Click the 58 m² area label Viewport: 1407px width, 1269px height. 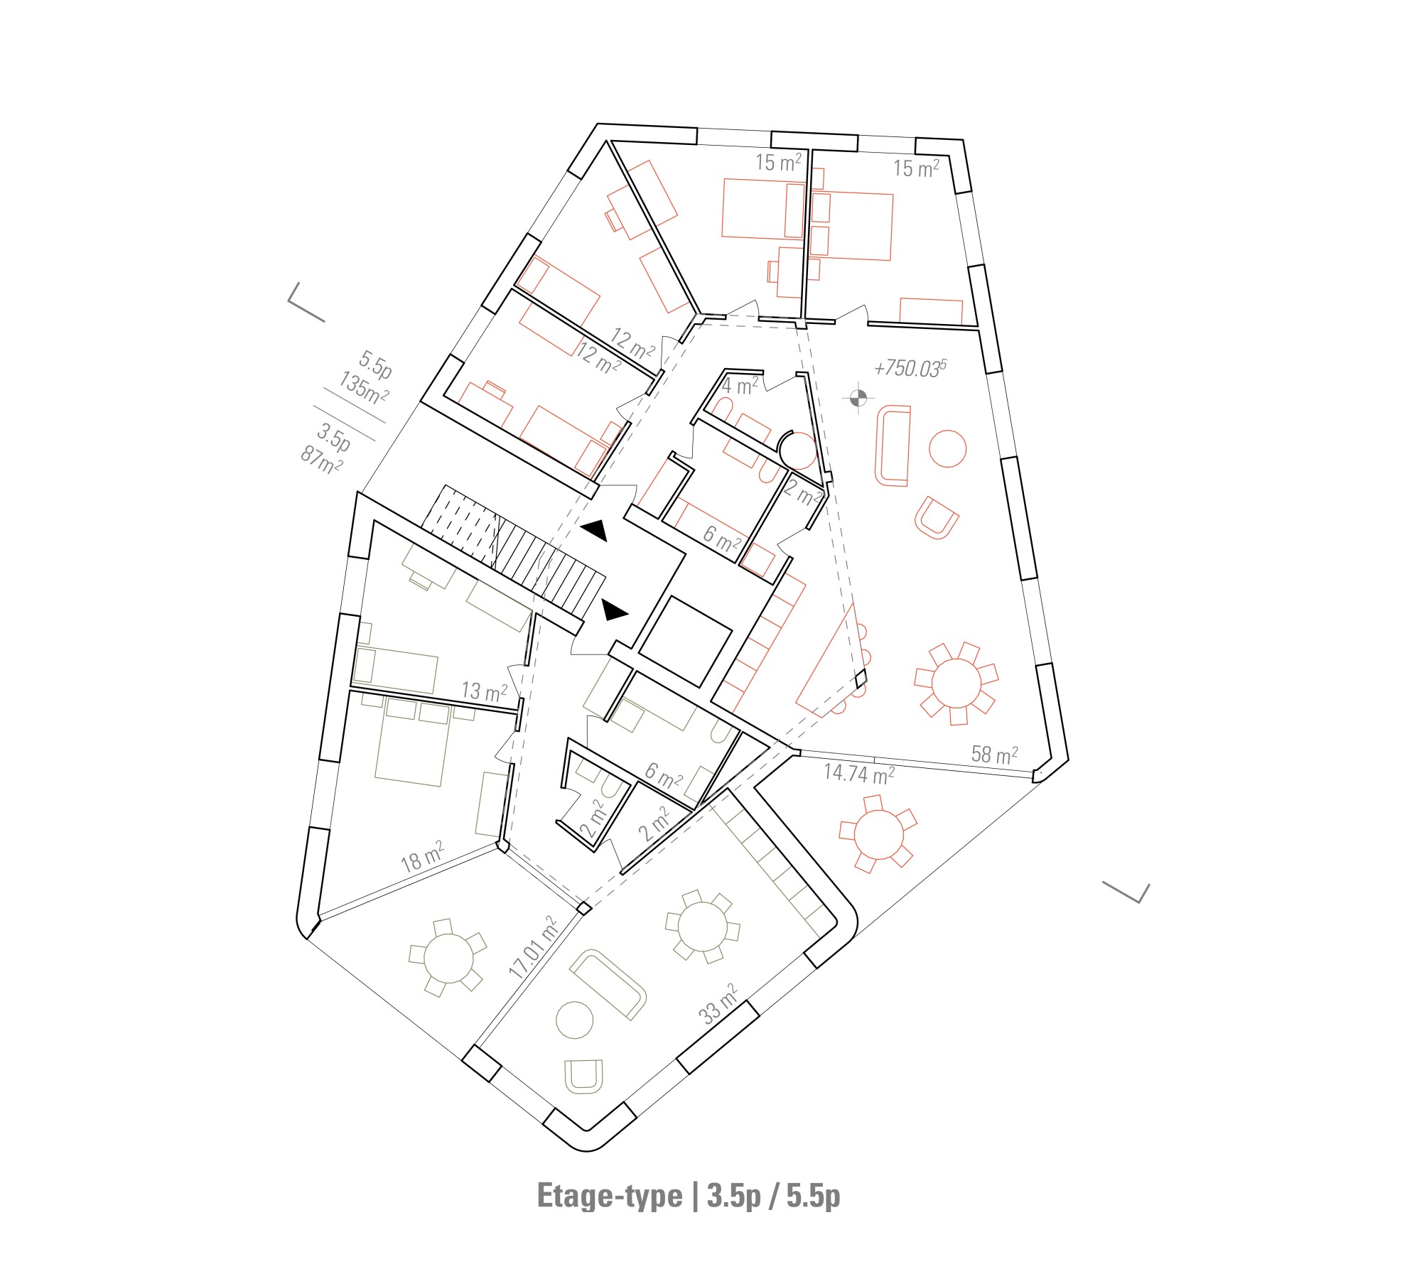pos(994,755)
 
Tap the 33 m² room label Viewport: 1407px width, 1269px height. pos(719,1004)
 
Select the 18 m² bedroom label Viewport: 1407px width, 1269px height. pos(422,857)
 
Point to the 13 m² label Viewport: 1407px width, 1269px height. pos(485,691)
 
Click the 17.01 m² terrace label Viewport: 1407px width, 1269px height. pos(533,948)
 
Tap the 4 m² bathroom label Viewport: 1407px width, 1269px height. pos(740,386)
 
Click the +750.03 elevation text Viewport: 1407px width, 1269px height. pos(910,368)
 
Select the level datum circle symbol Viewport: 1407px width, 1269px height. pos(858,398)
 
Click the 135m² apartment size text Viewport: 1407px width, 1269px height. pos(363,388)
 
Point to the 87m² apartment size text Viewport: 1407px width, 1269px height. pos(321,459)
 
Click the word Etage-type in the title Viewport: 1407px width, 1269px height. pos(609,1195)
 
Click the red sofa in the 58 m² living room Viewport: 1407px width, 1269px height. pos(893,445)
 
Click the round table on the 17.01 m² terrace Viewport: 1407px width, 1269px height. pos(448,957)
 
